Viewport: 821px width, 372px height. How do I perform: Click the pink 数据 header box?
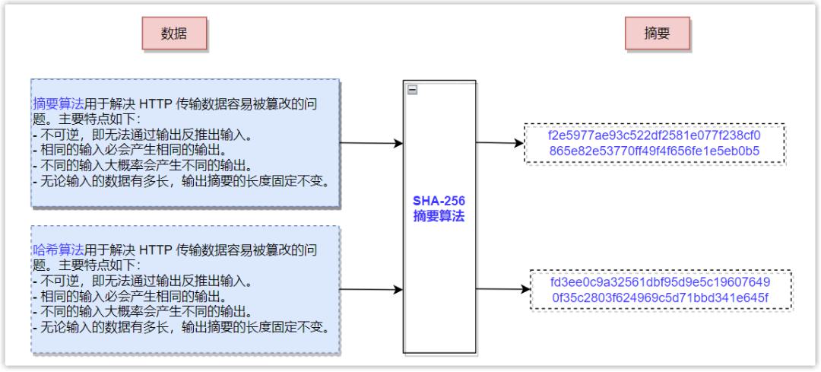coord(174,33)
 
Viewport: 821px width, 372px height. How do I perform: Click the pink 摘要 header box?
coord(657,33)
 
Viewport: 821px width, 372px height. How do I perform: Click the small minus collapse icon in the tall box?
coord(413,90)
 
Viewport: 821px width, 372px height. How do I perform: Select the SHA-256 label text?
coord(439,201)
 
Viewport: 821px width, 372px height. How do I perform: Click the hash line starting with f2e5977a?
coord(655,135)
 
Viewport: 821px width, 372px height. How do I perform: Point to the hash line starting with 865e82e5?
coord(655,151)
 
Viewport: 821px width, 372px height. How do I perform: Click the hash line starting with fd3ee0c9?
coord(661,283)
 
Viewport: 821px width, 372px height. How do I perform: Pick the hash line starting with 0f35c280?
coord(661,298)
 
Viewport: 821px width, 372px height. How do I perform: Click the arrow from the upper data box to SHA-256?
coord(371,143)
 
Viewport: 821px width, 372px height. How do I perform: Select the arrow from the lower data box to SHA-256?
coord(371,289)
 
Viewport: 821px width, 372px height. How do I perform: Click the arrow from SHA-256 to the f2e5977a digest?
coord(500,142)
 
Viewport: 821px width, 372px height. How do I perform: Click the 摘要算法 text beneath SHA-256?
coord(439,216)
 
